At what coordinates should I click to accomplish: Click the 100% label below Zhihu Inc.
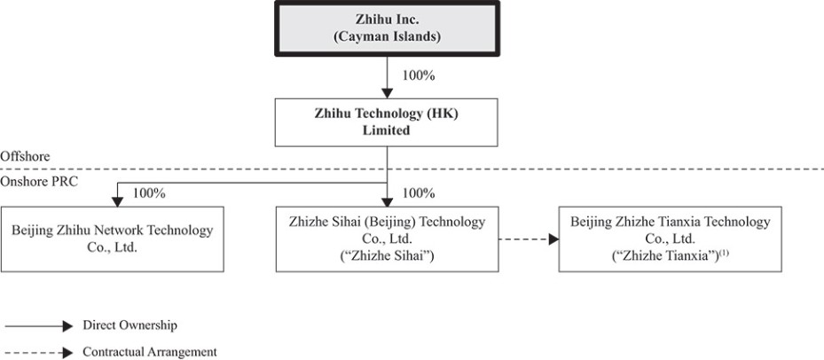[418, 75]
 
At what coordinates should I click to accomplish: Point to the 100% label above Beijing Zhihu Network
[148, 192]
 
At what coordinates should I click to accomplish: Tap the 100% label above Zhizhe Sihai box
[418, 192]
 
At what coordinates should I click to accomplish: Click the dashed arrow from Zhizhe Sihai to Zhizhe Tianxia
[527, 239]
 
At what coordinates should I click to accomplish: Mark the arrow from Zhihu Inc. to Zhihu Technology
[387, 77]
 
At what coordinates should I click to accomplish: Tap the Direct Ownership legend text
[124, 325]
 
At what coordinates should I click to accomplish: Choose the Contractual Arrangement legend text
[149, 351]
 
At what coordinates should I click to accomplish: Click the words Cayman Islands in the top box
[387, 37]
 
